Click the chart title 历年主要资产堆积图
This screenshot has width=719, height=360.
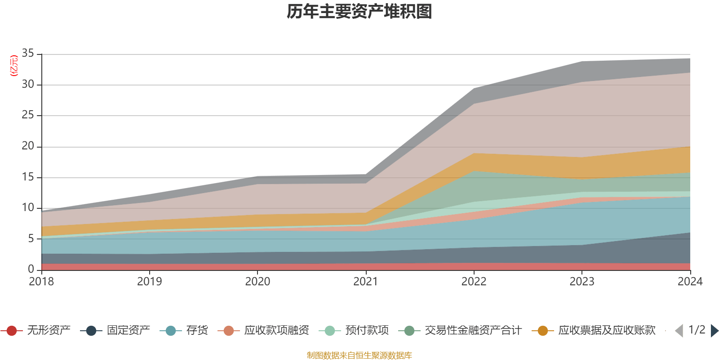pyautogui.click(x=359, y=12)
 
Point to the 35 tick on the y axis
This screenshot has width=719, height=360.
pyautogui.click(x=28, y=54)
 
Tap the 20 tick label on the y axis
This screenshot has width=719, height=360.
pyautogui.click(x=28, y=146)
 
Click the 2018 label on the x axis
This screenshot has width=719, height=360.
pyautogui.click(x=41, y=282)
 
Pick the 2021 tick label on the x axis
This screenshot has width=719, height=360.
pyautogui.click(x=366, y=282)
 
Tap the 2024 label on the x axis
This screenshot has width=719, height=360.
pyautogui.click(x=690, y=282)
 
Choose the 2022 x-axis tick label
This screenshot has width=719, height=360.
pyautogui.click(x=474, y=282)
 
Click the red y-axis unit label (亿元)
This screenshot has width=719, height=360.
pyautogui.click(x=14, y=66)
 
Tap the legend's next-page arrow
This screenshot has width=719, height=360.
pyautogui.click(x=714, y=331)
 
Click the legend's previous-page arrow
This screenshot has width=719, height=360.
pyautogui.click(x=679, y=331)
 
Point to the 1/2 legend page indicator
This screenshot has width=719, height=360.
pyautogui.click(x=697, y=330)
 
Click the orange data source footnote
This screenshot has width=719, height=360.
pyautogui.click(x=359, y=355)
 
